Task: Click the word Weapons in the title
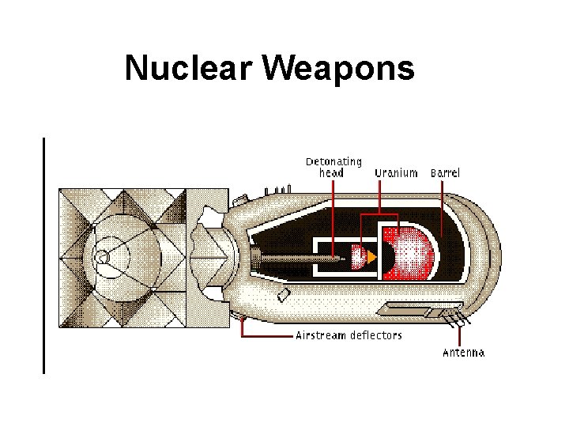339,69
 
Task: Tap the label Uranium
396,172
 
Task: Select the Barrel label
445,172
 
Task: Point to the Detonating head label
333,167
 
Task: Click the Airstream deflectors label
349,335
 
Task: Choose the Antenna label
463,353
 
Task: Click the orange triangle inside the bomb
372,256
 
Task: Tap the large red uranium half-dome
412,253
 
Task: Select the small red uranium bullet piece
357,256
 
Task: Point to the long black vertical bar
44,253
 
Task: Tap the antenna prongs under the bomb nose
455,321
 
